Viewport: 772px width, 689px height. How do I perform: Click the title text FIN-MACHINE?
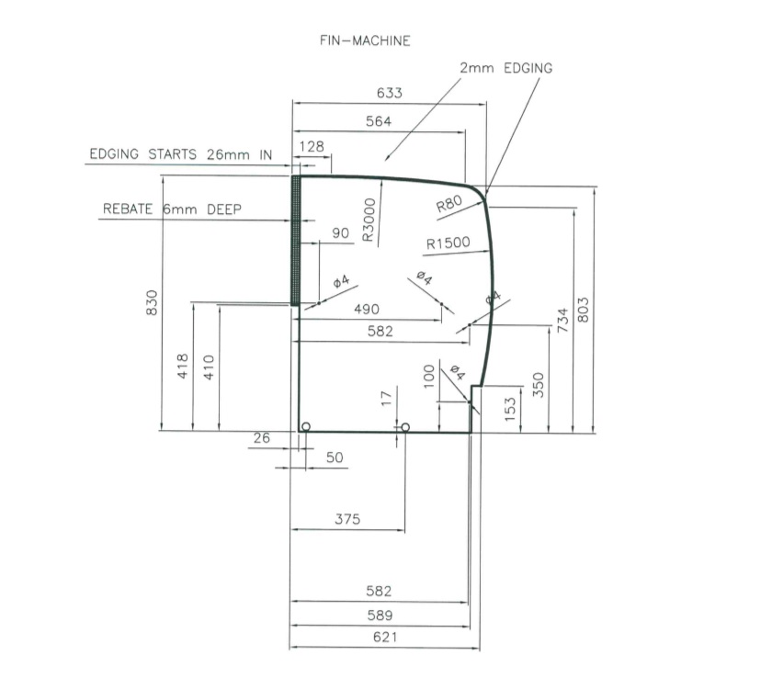(365, 41)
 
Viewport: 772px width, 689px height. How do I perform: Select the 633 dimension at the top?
(390, 93)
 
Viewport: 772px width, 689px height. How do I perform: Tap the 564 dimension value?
(379, 121)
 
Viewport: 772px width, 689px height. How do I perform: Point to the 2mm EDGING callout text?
(506, 69)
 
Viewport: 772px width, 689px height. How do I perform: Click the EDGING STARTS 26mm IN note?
(180, 154)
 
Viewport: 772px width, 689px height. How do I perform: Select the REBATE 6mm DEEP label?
(172, 209)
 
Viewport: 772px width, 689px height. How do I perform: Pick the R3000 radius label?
(369, 220)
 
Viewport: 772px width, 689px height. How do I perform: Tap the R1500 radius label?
(448, 243)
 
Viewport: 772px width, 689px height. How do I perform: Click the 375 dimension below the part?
(346, 520)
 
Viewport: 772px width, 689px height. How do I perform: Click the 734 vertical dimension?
(562, 322)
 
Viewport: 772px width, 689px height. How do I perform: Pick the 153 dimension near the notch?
(512, 406)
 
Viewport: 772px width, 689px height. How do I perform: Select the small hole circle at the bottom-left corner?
(306, 426)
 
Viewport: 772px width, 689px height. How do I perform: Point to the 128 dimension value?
(312, 147)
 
